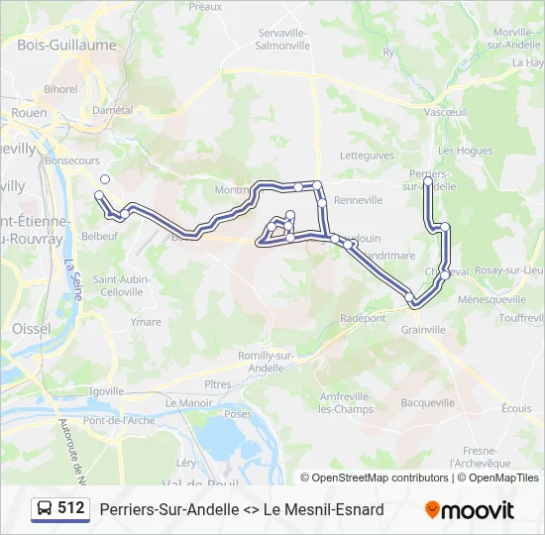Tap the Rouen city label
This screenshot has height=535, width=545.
pyautogui.click(x=30, y=113)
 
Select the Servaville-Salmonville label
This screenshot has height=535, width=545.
pyautogui.click(x=283, y=39)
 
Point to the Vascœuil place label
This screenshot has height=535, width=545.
pyautogui.click(x=445, y=113)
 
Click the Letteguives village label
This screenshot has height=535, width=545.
pyautogui.click(x=367, y=156)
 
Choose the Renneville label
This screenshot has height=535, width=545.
pyautogui.click(x=359, y=200)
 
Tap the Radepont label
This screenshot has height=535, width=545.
pyautogui.click(x=363, y=318)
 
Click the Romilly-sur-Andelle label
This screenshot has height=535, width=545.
pyautogui.click(x=267, y=362)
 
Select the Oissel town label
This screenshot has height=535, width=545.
pyautogui.click(x=31, y=328)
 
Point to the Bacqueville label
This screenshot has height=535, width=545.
pyautogui.click(x=428, y=403)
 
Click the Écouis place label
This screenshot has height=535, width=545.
pyautogui.click(x=516, y=407)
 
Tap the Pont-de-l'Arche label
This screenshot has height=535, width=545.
pyautogui.click(x=118, y=420)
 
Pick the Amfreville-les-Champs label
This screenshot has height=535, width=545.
pyautogui.click(x=346, y=402)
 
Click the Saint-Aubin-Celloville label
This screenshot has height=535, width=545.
pyautogui.click(x=121, y=285)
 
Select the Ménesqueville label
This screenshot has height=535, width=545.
pyautogui.click(x=492, y=298)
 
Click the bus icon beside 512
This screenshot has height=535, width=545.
pyautogui.click(x=46, y=509)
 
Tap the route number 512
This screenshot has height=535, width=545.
pyautogui.click(x=71, y=508)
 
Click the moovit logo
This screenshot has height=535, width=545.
pyautogui.click(x=470, y=510)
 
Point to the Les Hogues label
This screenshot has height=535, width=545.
pyautogui.click(x=466, y=151)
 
